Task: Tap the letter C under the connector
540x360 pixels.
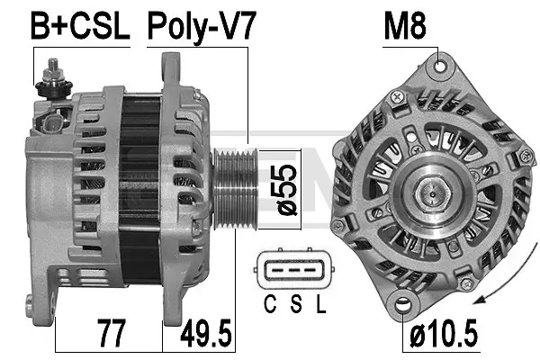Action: coord(269,303)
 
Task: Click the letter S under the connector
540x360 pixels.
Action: coord(293,303)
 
